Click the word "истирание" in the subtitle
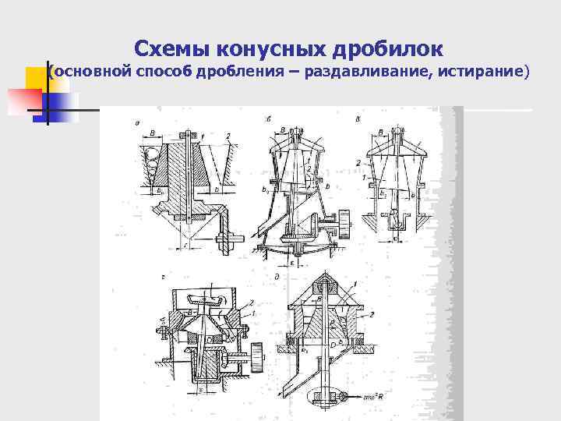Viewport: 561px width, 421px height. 483,73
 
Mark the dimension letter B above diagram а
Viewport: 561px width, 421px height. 152,134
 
